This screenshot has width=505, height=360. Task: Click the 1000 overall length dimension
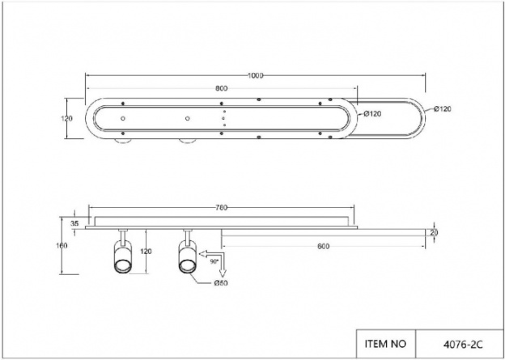point(255,76)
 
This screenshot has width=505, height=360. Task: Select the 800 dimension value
point(222,88)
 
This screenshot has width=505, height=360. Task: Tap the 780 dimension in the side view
point(222,208)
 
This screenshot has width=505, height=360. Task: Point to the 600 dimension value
point(324,246)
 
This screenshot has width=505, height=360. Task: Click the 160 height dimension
point(62,246)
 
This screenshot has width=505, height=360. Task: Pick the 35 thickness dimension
point(74,223)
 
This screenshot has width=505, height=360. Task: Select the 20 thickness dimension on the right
point(434,232)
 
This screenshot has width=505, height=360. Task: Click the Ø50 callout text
point(221,283)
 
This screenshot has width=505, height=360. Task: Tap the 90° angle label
point(214,262)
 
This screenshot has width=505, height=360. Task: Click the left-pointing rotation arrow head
point(203,254)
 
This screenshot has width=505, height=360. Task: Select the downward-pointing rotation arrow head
point(223,273)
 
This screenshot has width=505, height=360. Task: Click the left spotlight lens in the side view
point(122,266)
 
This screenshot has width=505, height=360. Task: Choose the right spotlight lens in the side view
point(187,266)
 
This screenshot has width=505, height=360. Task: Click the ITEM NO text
point(385,344)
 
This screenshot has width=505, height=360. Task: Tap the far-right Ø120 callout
point(442,109)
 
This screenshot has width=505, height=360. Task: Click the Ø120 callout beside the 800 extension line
point(372,114)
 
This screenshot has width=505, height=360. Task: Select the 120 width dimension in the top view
point(66,118)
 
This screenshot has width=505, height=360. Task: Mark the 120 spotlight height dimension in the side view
point(146,252)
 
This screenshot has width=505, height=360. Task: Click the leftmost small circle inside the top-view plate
point(123,118)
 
